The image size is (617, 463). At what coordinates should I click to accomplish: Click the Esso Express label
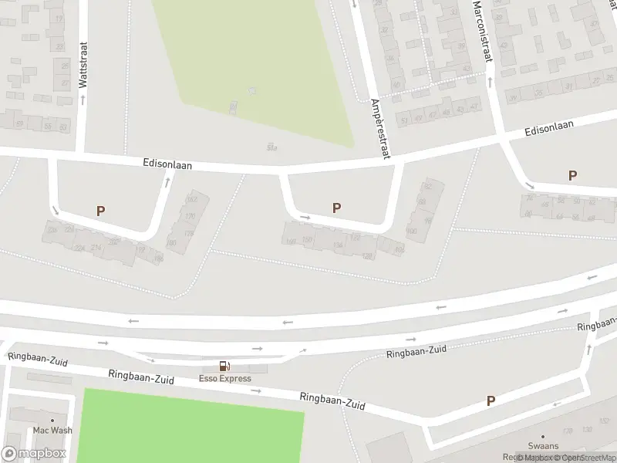(x=224, y=378)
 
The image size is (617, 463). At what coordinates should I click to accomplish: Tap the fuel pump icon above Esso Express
(x=224, y=366)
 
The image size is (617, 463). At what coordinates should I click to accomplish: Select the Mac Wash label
(x=52, y=430)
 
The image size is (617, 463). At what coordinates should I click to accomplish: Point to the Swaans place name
(x=543, y=446)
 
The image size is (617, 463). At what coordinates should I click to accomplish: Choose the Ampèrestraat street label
(x=381, y=128)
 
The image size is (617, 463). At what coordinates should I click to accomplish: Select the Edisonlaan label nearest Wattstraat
(x=167, y=164)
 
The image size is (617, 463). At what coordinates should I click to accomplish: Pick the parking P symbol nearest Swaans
(x=491, y=400)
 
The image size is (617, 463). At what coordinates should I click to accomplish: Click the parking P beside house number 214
(x=100, y=210)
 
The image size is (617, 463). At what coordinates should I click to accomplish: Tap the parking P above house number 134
(x=336, y=208)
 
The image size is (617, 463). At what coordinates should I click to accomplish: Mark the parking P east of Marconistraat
(x=572, y=175)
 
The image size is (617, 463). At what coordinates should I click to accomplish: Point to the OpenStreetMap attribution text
(x=589, y=458)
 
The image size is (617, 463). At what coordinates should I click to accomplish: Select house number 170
(x=190, y=216)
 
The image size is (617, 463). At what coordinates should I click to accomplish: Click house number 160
(x=291, y=242)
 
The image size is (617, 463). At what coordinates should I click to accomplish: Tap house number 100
(x=411, y=231)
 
